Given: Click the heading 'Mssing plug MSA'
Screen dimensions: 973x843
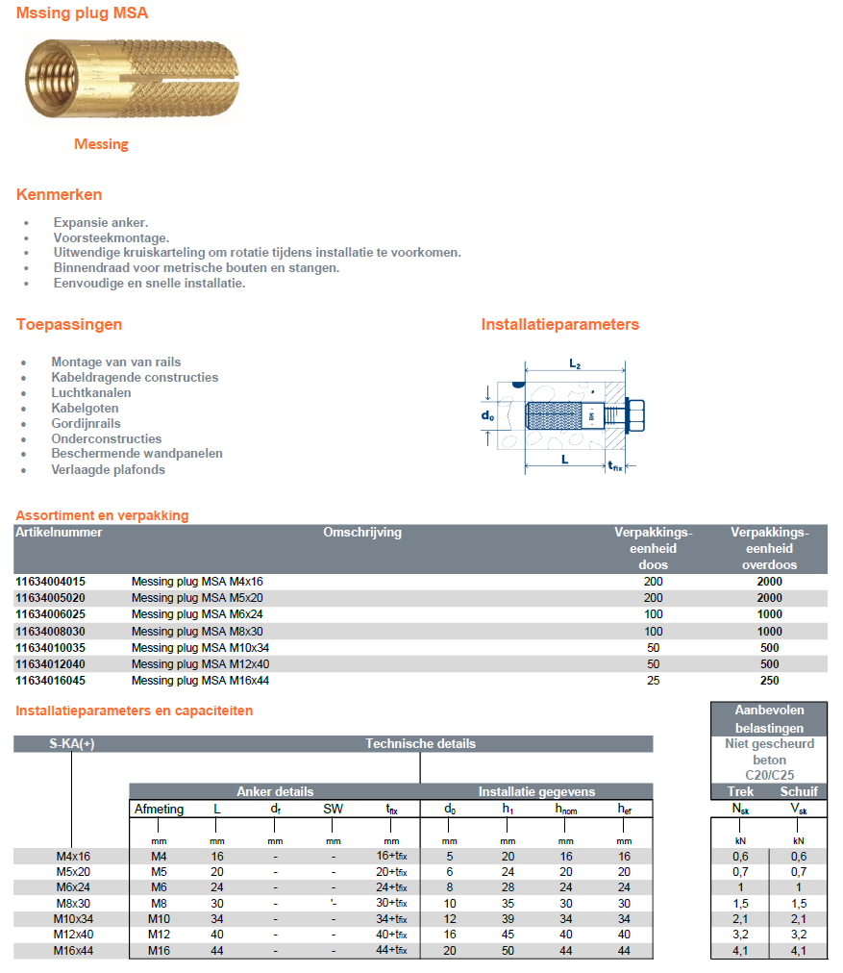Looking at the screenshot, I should click(x=82, y=13).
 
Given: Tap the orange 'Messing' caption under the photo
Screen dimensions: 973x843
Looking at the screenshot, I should click(x=101, y=144).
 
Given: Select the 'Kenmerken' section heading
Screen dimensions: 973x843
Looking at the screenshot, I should click(x=59, y=195).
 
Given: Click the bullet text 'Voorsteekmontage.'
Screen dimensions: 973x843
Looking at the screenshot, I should click(x=112, y=237).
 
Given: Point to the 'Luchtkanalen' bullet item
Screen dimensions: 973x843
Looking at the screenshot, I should click(x=91, y=392).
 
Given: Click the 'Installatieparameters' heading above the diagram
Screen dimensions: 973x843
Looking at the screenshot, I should click(x=559, y=324).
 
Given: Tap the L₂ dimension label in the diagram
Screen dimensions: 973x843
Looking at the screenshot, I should click(x=574, y=364).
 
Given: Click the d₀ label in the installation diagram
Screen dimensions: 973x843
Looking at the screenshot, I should click(x=489, y=415).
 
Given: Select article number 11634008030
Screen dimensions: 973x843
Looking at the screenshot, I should click(x=50, y=632).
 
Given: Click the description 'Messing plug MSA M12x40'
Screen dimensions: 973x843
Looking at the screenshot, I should click(x=200, y=664).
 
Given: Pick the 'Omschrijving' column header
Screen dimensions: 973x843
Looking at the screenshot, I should click(x=361, y=532).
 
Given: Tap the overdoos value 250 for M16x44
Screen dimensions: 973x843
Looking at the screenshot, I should click(x=769, y=682).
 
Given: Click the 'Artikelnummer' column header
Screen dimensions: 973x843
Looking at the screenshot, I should click(x=59, y=532).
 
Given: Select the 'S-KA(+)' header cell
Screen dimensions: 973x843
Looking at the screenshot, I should click(x=71, y=743).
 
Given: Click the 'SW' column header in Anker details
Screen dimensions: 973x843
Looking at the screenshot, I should click(x=333, y=810).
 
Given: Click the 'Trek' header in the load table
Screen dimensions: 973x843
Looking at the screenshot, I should click(x=740, y=791).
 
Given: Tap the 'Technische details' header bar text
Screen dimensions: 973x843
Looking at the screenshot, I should click(x=420, y=743).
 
